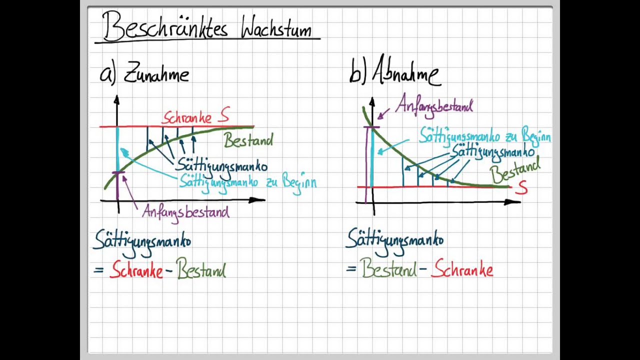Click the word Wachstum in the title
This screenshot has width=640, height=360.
tap(276, 28)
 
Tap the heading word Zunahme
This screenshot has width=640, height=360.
tap(156, 74)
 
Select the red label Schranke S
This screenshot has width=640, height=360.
tap(195, 117)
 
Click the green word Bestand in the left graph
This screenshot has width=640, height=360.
tap(248, 140)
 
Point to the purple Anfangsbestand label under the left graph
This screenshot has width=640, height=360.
tap(185, 212)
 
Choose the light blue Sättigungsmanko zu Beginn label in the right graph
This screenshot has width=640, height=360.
tap(484, 135)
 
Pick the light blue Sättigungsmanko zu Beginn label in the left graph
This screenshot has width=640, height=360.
tap(247, 181)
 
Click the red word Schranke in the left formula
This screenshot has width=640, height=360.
tap(136, 270)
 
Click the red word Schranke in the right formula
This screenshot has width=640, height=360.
tap(462, 270)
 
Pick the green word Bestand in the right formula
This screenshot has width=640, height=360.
tap(388, 269)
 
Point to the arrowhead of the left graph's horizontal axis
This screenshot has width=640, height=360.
tap(258, 200)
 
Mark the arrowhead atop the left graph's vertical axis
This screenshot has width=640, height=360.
tap(116, 99)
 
